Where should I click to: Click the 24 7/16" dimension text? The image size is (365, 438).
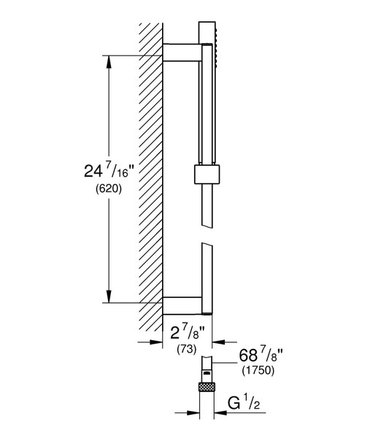(109, 171)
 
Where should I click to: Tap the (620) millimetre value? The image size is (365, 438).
(109, 189)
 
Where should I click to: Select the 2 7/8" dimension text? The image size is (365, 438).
(188, 332)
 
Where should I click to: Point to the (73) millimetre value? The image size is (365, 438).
(187, 349)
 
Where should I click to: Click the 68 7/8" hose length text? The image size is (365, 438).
(261, 356)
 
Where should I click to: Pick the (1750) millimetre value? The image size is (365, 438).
(258, 370)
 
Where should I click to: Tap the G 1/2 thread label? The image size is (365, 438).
(244, 404)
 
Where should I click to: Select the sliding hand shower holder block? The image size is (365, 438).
(207, 174)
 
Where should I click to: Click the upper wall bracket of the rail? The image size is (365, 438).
(182, 53)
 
